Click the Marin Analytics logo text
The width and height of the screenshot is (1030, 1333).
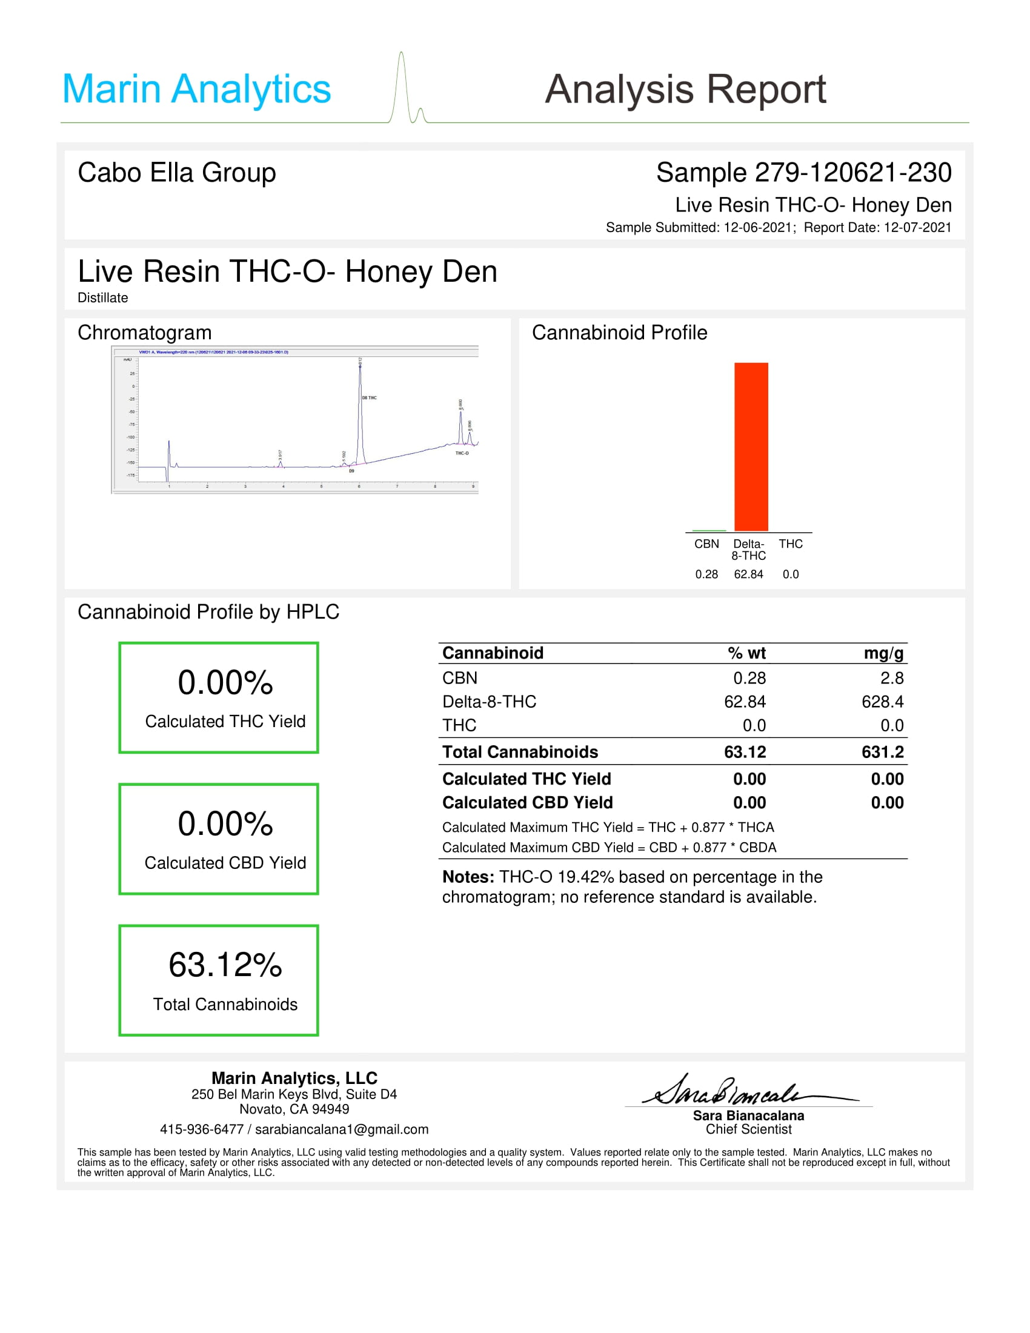coord(196,89)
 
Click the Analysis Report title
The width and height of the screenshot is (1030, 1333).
coord(685,90)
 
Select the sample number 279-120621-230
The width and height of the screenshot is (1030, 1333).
coord(853,173)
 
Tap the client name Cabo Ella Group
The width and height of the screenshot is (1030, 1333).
coord(176,173)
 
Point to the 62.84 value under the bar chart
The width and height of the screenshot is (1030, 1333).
coord(748,574)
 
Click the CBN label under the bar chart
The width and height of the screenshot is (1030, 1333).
coord(706,544)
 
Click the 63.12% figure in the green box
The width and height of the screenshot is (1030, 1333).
coord(225,965)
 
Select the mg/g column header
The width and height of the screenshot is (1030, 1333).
coord(883,653)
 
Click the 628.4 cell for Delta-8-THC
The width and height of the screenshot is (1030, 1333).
coord(882,702)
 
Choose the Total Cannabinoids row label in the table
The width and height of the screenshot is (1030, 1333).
coord(520,752)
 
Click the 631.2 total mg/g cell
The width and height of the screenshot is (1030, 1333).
coord(882,752)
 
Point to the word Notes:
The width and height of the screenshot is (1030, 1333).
coord(468,877)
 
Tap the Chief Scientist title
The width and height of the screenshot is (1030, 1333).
coord(748,1129)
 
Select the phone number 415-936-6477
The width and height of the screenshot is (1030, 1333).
coord(201,1129)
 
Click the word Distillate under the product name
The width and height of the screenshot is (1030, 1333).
coord(102,298)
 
